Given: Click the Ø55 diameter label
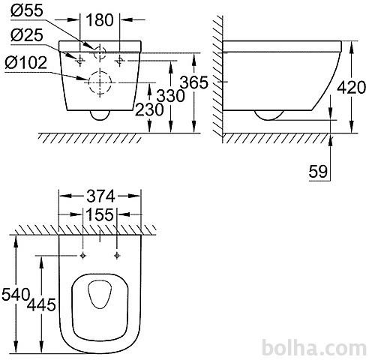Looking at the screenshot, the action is coord(27,10).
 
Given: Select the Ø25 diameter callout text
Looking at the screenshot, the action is coord(27,34).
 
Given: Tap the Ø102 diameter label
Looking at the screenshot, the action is coord(25,62).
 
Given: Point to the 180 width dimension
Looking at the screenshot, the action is coord(100,20).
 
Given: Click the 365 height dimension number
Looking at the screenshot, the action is coord(193,82).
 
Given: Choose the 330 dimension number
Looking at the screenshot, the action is coord(171,96).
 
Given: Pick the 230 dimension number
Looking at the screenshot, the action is coord(149,109).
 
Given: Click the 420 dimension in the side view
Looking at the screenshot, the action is coord(351,88).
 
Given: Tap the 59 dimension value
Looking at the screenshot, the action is coord(318,172).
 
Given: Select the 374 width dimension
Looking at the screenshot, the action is coord(100,196).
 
